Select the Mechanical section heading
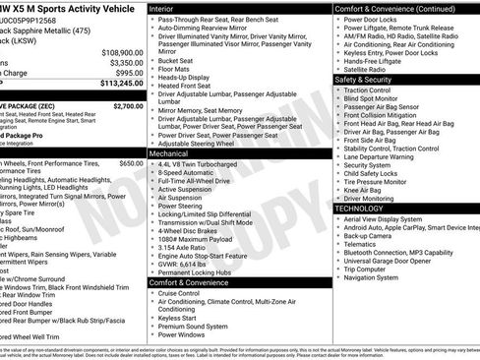pos(169,154)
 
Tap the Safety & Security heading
pos(370,79)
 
